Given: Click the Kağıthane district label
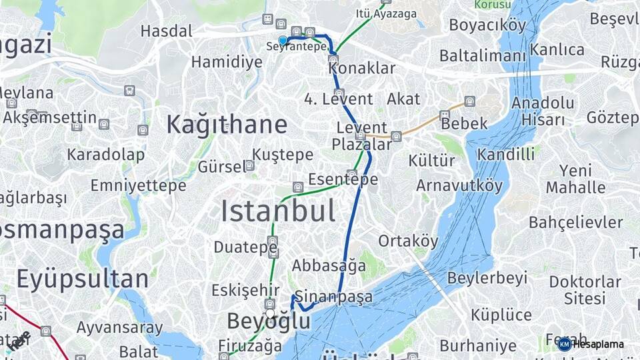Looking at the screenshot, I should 227,125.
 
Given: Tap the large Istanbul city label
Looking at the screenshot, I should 278,211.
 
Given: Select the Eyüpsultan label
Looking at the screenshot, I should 83,279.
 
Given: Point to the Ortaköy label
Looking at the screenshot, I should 409,241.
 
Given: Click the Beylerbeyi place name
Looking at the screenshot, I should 487,277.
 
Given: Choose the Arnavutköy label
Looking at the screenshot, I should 459,185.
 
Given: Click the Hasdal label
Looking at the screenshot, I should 166,31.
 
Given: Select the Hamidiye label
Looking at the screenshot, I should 227,62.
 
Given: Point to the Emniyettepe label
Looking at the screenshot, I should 139,185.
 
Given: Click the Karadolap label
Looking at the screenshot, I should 105,155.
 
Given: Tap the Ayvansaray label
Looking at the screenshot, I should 119,327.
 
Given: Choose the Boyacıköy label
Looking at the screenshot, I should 487,25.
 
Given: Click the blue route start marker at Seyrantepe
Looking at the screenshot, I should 283,40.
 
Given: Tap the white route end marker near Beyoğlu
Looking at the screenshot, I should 270,313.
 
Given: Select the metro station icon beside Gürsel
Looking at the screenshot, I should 249,165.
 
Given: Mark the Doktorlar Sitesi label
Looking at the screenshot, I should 585,289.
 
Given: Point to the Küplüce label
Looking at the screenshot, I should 501,314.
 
